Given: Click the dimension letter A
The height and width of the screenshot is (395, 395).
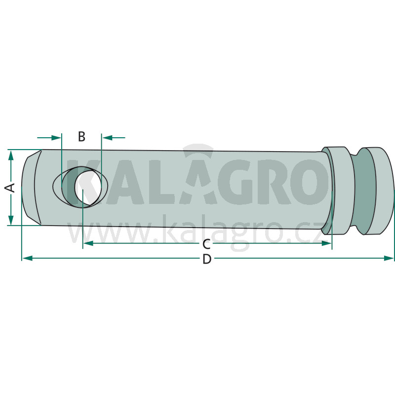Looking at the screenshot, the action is point(10,188).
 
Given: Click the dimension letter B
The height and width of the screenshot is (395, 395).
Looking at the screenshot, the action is point(81,137).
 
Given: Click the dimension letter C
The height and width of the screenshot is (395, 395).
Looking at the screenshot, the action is point(206,244).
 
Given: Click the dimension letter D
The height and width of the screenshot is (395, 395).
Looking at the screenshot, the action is point(207,259).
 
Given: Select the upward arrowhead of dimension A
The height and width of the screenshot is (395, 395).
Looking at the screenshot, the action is point(10,156).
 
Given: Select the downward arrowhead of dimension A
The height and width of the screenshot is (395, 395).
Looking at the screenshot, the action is point(10,220).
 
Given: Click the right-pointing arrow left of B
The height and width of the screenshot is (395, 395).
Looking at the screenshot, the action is point(49,138).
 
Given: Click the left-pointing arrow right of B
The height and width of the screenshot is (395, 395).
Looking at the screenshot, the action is point(114,138).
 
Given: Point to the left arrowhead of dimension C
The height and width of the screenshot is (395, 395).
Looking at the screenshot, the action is point(88,243).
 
